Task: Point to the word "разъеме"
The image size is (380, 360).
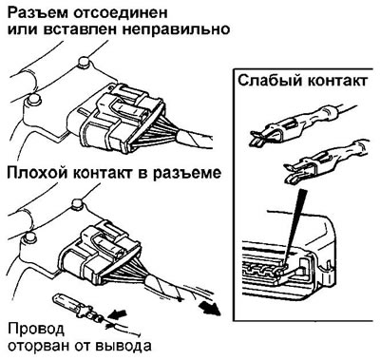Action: click(x=187, y=174)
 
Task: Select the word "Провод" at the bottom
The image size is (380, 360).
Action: click(x=35, y=330)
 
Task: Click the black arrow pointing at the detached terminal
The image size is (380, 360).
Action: click(x=117, y=315)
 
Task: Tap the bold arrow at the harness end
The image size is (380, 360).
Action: click(x=211, y=309)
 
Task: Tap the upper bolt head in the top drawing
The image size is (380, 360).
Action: click(x=85, y=62)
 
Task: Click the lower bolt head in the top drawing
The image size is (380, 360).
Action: click(x=33, y=100)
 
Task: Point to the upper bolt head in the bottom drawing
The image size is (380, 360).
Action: click(x=77, y=204)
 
